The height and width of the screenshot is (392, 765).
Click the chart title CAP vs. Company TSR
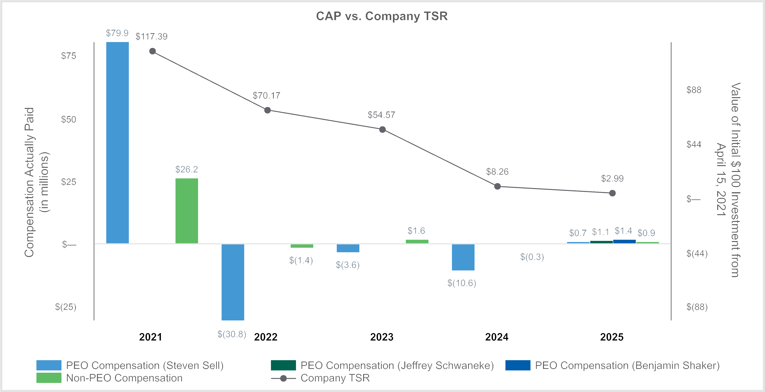pos(382,16)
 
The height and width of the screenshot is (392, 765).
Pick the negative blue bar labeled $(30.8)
pos(233,282)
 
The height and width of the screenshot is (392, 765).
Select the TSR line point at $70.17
pos(268,110)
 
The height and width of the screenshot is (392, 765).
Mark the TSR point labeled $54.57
pos(382,130)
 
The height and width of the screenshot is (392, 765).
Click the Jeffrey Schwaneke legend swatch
pos(283,365)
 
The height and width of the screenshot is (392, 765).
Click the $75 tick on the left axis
pos(69,56)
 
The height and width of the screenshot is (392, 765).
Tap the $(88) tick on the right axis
pos(697,307)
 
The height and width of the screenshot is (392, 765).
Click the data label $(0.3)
pos(532,257)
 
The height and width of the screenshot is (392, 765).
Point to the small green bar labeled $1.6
pos(417,241)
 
